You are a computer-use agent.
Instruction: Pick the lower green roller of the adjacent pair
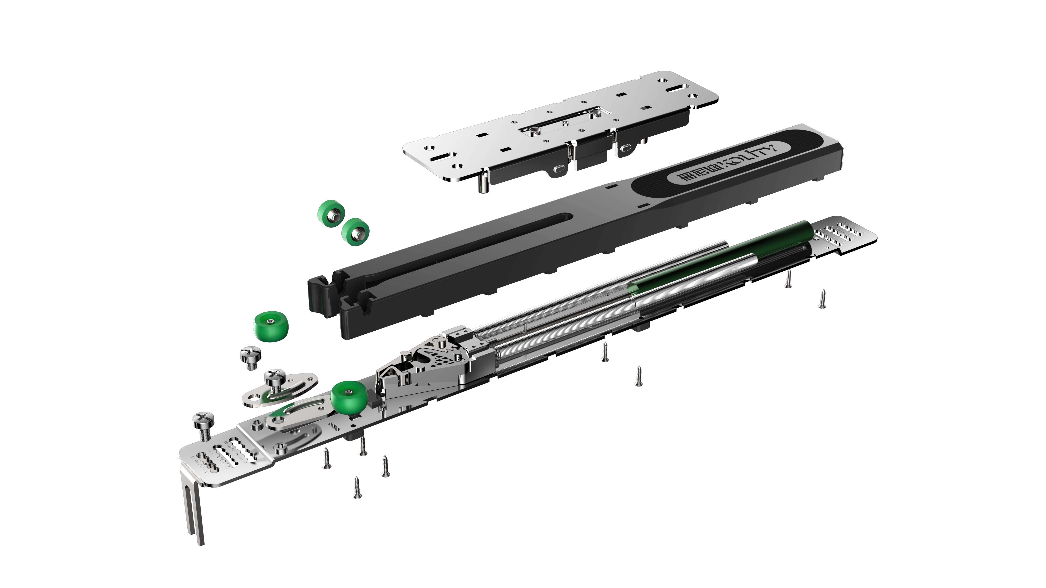[355, 232]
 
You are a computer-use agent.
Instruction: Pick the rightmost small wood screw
[822, 299]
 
